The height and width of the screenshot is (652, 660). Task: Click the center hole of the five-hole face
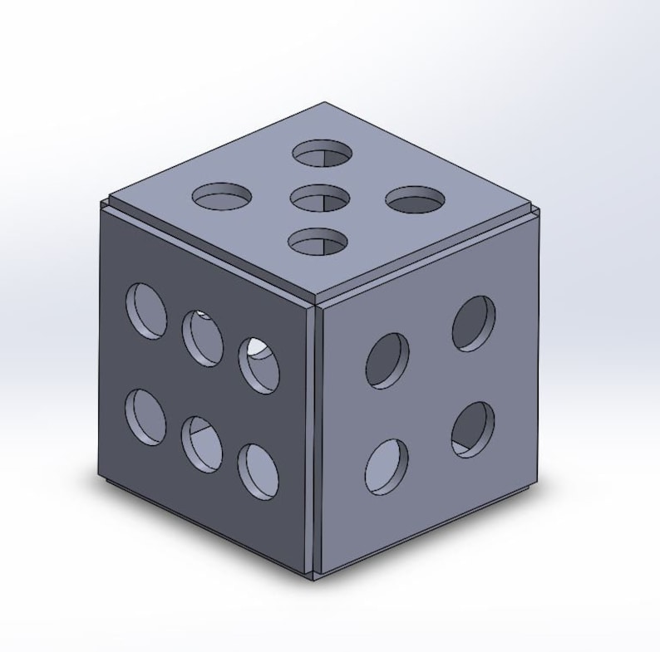point(320,199)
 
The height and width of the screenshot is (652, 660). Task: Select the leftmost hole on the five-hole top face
point(221,197)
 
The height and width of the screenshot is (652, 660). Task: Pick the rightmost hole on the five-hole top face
point(416,199)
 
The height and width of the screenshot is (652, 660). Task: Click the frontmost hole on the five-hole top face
point(317,241)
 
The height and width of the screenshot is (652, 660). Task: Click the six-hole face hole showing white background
point(259,363)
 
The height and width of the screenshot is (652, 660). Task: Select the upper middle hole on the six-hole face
point(203,336)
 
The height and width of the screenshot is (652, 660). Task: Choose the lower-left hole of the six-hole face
point(145,416)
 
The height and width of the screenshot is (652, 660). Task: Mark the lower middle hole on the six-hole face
point(202,443)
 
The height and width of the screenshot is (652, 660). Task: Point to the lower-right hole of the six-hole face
point(259,471)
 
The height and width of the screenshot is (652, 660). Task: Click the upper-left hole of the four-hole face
point(387,360)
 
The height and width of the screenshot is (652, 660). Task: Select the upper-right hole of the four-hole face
point(474,322)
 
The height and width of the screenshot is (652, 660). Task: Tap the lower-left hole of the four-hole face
point(387,465)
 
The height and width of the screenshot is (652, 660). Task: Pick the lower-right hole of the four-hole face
point(473,429)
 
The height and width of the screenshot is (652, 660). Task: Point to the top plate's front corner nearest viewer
point(315,300)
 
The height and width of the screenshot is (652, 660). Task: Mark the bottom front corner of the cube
point(314,576)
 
